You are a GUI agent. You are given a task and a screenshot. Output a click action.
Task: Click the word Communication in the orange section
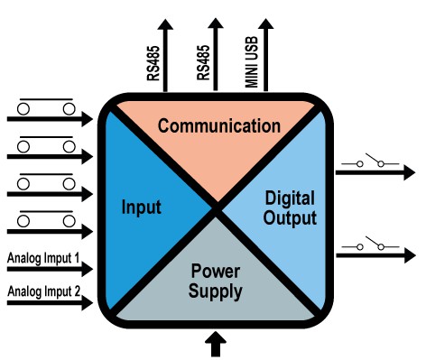point(219,126)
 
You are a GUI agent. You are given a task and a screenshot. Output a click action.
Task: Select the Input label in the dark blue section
point(141,208)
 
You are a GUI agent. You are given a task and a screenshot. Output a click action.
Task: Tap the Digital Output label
point(290,208)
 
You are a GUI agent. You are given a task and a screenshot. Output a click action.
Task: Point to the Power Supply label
point(216,282)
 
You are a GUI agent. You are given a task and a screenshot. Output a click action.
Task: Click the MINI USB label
point(252,62)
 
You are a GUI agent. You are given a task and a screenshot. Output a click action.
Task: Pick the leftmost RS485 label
point(153,63)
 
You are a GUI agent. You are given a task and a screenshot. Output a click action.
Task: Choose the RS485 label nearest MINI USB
point(203,63)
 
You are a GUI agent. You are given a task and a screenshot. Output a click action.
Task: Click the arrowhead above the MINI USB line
point(266,23)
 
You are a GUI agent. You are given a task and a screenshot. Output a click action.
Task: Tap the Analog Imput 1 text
point(43,258)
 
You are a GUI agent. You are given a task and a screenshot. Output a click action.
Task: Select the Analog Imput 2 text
point(44,291)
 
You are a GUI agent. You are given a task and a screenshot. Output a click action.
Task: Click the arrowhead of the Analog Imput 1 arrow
point(88,269)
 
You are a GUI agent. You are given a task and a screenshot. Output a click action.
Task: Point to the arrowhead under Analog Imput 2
point(88,303)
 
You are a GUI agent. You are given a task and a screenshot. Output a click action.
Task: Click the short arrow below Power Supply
point(216,344)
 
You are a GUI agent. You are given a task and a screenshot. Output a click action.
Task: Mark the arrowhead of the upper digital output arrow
point(410,172)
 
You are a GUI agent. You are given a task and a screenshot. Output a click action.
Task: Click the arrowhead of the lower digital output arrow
point(410,255)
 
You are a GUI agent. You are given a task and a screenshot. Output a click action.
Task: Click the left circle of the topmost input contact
point(23,108)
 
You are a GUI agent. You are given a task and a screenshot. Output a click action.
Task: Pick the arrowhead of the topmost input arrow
point(88,119)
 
